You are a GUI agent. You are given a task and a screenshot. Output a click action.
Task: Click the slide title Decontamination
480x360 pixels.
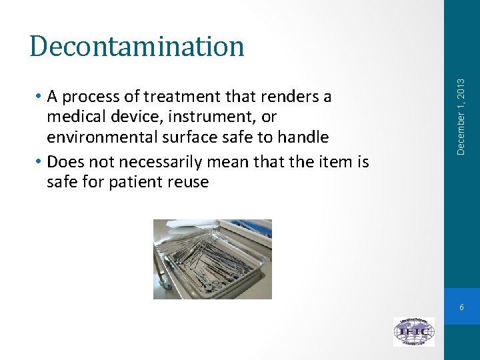[137, 46]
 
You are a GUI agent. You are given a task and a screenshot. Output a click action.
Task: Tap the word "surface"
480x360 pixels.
[183, 138]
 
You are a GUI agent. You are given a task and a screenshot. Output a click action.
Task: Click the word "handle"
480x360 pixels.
[303, 137]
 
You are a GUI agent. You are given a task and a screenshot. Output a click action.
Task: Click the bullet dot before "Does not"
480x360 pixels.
[41, 161]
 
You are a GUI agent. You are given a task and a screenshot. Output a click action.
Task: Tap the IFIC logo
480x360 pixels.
[413, 331]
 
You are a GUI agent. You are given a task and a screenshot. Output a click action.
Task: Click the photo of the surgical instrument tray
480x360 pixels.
[212, 259]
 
